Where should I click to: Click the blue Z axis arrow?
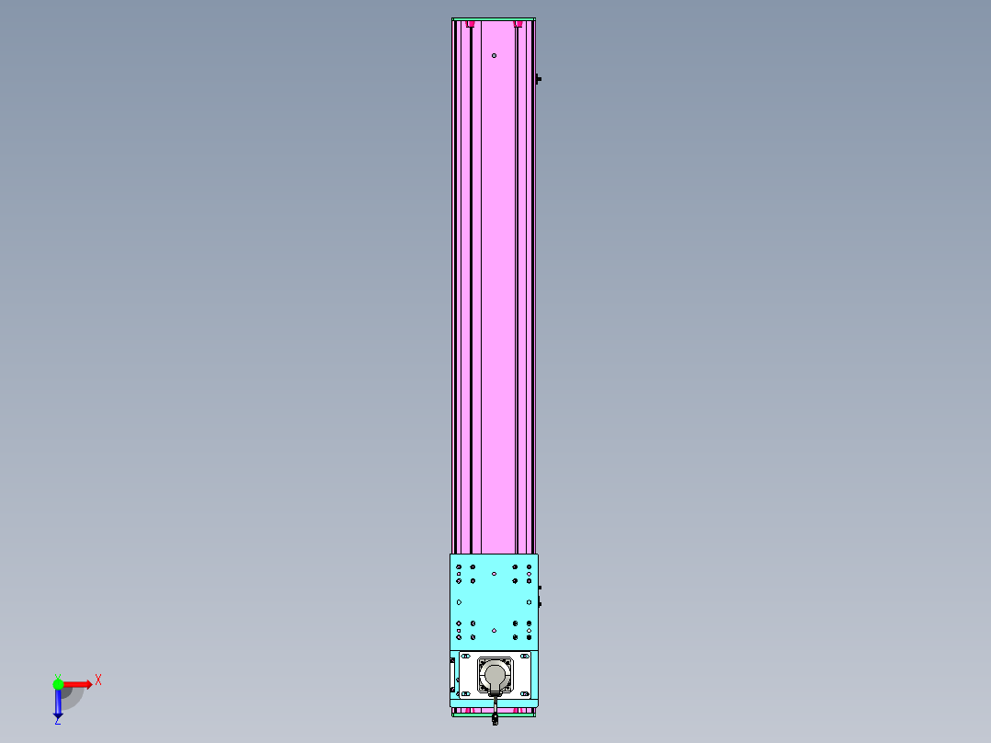[58, 703]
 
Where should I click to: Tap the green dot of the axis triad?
[58, 684]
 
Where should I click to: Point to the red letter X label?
[98, 680]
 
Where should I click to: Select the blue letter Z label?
[58, 721]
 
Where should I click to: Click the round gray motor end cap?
[495, 675]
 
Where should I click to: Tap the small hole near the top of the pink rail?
[495, 56]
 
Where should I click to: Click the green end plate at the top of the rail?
[494, 19]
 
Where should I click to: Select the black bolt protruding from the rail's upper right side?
[538, 79]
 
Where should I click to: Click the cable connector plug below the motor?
[495, 718]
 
